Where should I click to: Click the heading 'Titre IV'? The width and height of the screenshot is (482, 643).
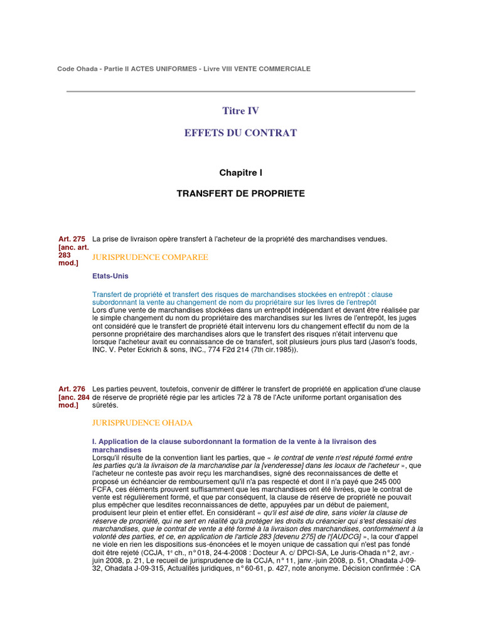(240, 111)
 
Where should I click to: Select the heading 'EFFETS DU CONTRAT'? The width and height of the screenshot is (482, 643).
(240, 133)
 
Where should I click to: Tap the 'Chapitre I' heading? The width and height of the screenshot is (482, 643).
(240, 172)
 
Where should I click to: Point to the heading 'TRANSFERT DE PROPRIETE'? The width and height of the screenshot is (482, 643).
(240, 193)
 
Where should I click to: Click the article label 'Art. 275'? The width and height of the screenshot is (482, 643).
(71, 239)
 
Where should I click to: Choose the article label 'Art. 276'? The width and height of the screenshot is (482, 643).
(71, 389)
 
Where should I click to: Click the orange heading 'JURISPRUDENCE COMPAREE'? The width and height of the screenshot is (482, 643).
(150, 257)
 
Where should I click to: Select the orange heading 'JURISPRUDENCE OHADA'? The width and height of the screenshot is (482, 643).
(142, 423)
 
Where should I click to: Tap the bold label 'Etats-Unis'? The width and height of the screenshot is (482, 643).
(110, 276)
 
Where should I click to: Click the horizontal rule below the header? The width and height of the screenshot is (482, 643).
(240, 92)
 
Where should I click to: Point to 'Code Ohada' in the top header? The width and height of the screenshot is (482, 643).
(75, 68)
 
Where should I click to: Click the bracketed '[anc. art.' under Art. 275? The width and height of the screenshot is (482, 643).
(73, 247)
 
